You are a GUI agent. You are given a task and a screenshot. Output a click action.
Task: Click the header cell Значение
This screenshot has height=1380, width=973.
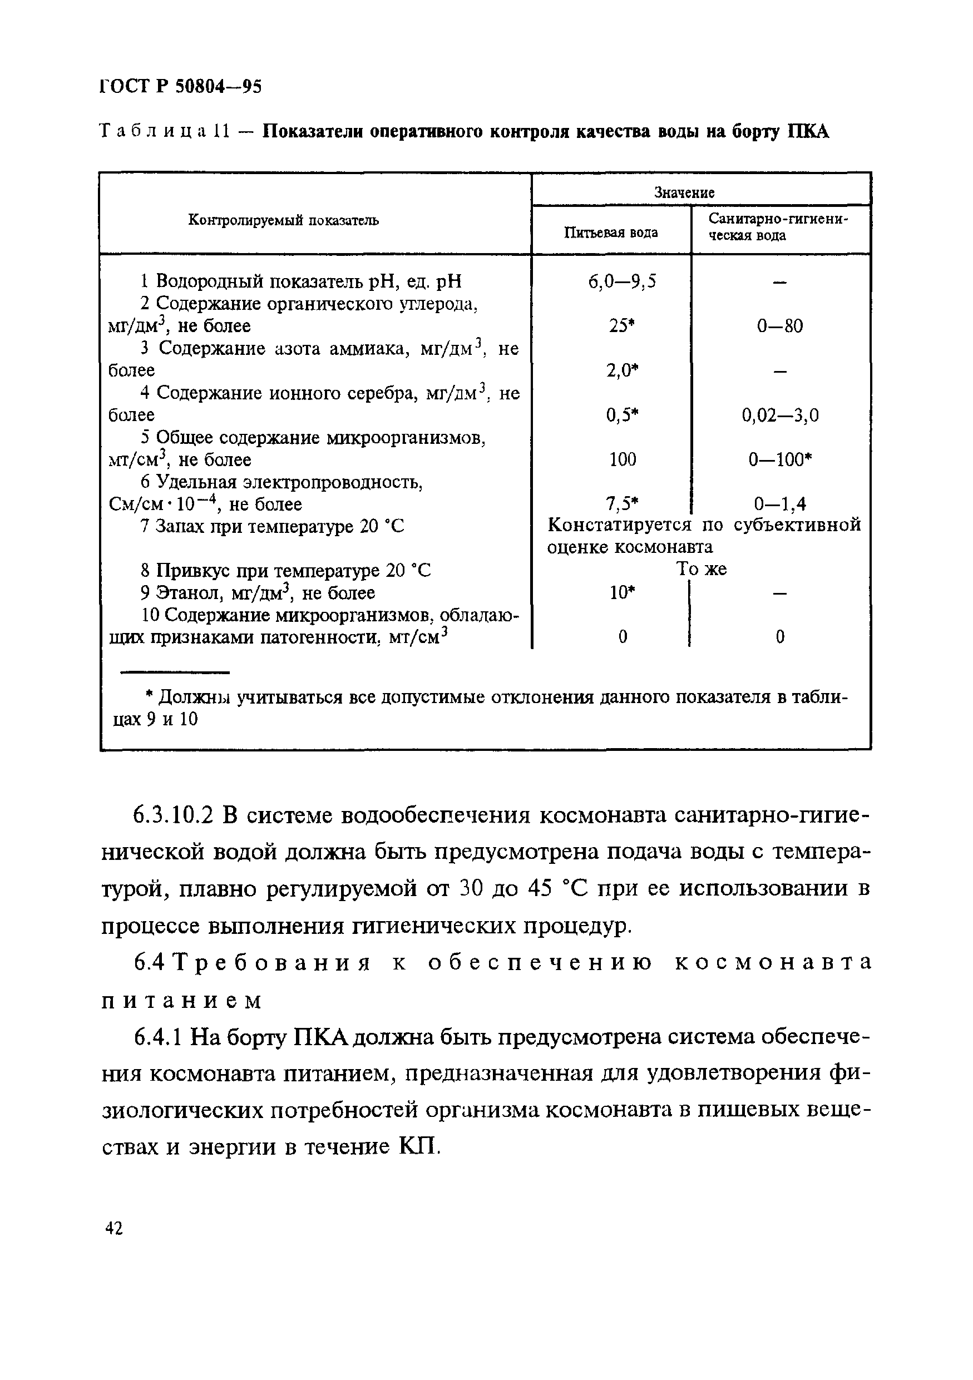pos(684,192)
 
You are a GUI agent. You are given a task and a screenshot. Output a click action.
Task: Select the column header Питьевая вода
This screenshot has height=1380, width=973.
pos(611,233)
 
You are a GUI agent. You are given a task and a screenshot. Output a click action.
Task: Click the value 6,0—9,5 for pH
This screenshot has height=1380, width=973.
pos(622,281)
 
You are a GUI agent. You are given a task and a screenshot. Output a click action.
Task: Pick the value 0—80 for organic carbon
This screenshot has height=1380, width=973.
pos(779,327)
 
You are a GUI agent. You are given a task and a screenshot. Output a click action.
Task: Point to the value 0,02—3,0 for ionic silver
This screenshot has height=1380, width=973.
pos(779,416)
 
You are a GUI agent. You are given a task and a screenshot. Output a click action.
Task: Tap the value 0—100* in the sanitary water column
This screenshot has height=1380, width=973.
pos(779,460)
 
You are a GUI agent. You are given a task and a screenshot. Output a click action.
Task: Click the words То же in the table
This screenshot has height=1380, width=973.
pos(701,568)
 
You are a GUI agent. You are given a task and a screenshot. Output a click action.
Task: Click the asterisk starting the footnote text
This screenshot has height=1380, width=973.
pos(150,696)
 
